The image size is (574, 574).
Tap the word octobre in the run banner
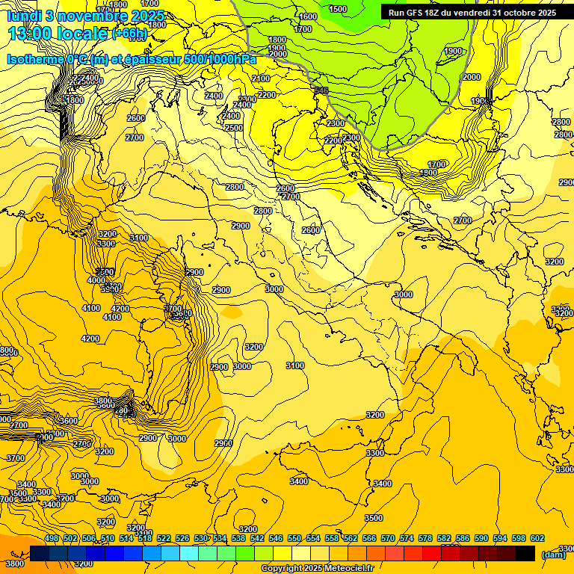[519, 13]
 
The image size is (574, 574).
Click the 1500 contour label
[338, 9]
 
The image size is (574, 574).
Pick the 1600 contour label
[308, 16]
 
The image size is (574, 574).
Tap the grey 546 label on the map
[321, 91]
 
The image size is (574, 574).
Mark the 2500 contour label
[234, 128]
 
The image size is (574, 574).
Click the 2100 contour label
[261, 78]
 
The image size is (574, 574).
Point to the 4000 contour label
[96, 280]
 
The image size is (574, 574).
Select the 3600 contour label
[69, 421]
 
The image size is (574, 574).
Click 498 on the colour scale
[52, 538]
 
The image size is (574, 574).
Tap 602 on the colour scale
[537, 538]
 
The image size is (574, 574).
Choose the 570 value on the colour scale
[388, 538]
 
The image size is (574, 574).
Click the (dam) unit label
[553, 555]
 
